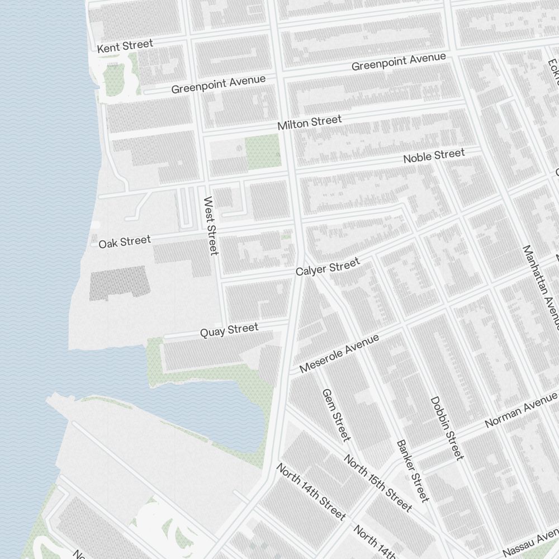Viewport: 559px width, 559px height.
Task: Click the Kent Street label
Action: (x=125, y=46)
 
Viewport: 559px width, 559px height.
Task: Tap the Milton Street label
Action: (x=309, y=122)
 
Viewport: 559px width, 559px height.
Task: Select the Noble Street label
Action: (x=434, y=156)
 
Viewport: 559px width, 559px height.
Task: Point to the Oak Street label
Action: (x=125, y=241)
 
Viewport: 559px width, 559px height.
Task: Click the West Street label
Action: (x=210, y=225)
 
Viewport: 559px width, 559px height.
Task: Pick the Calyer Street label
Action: (x=328, y=267)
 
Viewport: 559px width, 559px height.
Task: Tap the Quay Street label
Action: (x=229, y=330)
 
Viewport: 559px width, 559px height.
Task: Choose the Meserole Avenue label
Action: (x=339, y=353)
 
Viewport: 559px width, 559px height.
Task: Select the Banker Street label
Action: (x=413, y=470)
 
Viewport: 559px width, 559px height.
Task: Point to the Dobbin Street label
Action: (x=447, y=428)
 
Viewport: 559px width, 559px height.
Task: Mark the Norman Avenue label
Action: (x=521, y=410)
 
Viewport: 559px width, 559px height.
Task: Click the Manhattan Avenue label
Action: (x=541, y=287)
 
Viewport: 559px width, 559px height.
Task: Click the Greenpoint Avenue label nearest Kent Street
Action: (x=218, y=84)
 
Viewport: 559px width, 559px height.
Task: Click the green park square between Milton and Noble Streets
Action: (x=263, y=151)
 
